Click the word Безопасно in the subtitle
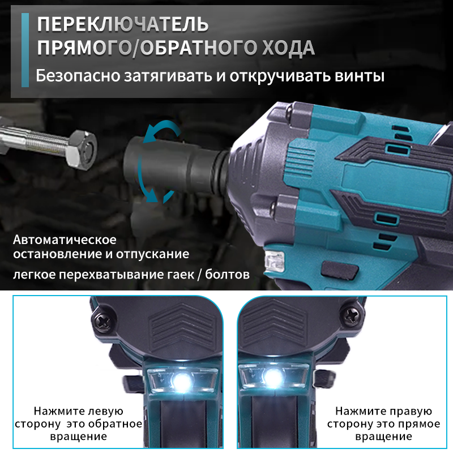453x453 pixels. click(x=76, y=76)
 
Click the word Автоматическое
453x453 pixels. click(x=65, y=237)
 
